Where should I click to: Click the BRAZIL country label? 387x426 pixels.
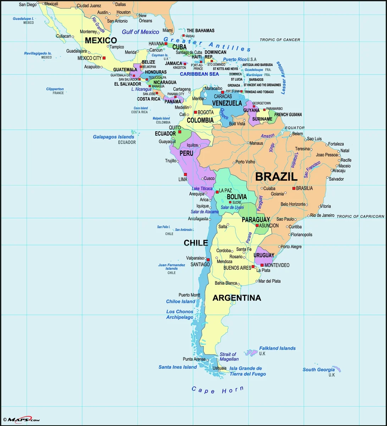pyautogui.click(x=276, y=176)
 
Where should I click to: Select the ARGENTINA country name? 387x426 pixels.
pyautogui.click(x=237, y=298)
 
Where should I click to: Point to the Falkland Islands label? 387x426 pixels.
pyautogui.click(x=277, y=348)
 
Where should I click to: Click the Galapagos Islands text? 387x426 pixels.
pyautogui.click(x=114, y=137)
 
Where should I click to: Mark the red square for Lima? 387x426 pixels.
pyautogui.click(x=185, y=174)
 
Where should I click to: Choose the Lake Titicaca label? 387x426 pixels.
pyautogui.click(x=202, y=189)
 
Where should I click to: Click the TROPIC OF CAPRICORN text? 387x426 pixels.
pyautogui.click(x=360, y=216)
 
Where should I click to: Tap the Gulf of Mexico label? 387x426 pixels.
pyautogui.click(x=140, y=32)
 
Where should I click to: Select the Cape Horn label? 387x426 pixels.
pyautogui.click(x=217, y=390)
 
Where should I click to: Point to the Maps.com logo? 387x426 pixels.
pyautogui.click(x=21, y=420)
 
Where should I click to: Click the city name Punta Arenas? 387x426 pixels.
pyautogui.click(x=194, y=359)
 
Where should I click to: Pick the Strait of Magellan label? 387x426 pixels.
pyautogui.click(x=229, y=356)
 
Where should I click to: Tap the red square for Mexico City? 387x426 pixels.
pyautogui.click(x=104, y=58)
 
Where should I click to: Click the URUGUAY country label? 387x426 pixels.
pyautogui.click(x=264, y=255)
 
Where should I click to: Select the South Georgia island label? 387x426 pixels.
pyautogui.click(x=319, y=370)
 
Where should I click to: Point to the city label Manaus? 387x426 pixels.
pyautogui.click(x=256, y=143)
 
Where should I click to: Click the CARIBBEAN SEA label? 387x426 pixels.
pyautogui.click(x=199, y=74)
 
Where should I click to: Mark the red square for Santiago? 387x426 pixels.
pyautogui.click(x=208, y=260)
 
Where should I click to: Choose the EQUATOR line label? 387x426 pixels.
pyautogui.click(x=295, y=128)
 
